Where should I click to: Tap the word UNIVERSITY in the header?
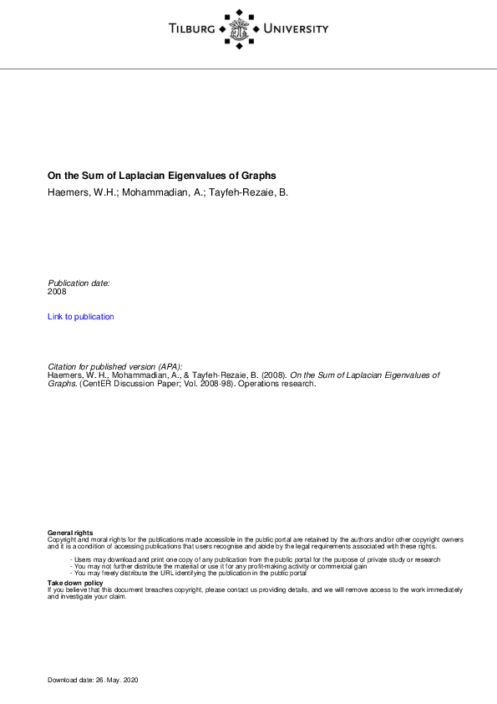pos(296,29)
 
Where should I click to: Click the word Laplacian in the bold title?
pos(145,176)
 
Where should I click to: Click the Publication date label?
pos(79,283)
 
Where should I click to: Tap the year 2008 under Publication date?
pos(57,292)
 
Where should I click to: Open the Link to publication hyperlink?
pos(81,317)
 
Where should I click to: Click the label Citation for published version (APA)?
pos(122,367)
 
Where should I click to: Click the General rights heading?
pos(70,533)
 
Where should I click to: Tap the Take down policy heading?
pos(75,582)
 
